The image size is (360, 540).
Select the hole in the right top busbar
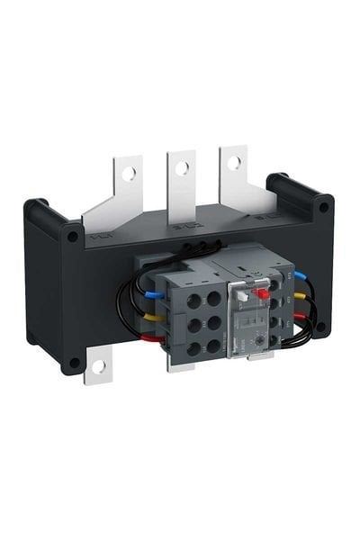click(x=234, y=163)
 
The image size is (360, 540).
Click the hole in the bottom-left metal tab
click(x=98, y=366)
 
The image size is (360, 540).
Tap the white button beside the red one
click(x=244, y=292)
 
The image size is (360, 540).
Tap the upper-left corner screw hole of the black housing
click(x=69, y=238)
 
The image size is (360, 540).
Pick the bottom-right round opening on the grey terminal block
click(x=212, y=344)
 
